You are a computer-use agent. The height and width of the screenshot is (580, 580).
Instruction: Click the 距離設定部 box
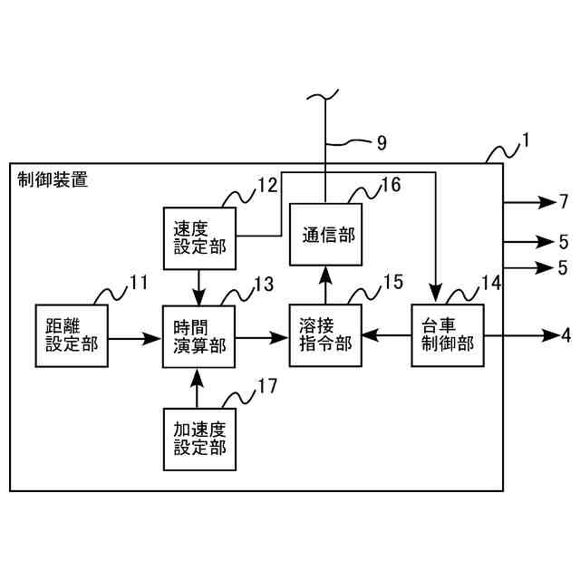(x=72, y=335)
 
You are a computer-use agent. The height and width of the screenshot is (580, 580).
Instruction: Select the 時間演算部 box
(x=198, y=335)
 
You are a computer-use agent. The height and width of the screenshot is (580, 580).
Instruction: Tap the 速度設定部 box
(x=198, y=238)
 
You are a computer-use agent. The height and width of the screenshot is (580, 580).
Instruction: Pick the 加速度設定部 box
(x=198, y=439)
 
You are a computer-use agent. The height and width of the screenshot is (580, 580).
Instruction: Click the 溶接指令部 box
(x=325, y=335)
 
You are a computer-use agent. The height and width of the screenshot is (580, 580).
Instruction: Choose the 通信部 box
(x=325, y=234)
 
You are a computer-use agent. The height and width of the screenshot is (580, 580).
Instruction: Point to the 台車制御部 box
(x=448, y=335)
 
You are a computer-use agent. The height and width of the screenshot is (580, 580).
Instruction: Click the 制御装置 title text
(x=53, y=180)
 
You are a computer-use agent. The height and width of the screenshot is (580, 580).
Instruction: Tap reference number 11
(x=138, y=283)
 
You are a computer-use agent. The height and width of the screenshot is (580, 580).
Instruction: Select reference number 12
(x=266, y=186)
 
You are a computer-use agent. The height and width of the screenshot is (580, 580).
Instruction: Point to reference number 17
(x=266, y=385)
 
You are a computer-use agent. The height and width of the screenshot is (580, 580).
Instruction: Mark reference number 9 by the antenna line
(x=381, y=141)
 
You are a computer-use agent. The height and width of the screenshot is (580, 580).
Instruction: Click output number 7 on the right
(x=563, y=200)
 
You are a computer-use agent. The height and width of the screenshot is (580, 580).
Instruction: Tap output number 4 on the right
(x=565, y=335)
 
